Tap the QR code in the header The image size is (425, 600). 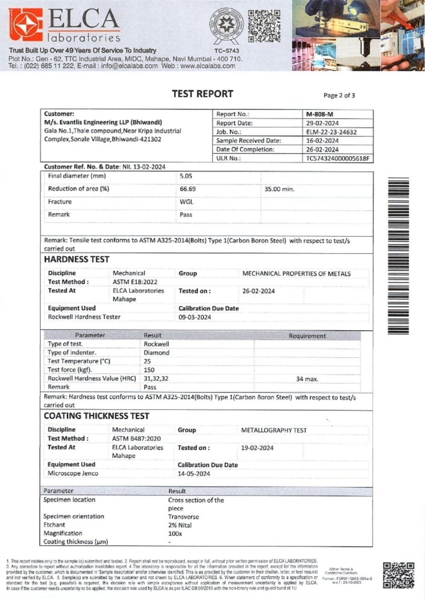pyautogui.click(x=264, y=26)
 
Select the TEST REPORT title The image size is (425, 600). pyautogui.click(x=203, y=94)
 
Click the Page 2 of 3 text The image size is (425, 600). pyautogui.click(x=339, y=96)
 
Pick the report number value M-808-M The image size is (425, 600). pyautogui.click(x=320, y=114)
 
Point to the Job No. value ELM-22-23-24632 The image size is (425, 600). pyautogui.click(x=331, y=132)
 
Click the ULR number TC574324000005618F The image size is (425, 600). pyautogui.click(x=337, y=159)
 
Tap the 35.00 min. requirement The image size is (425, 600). pyautogui.click(x=279, y=189)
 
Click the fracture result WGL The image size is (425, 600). pyautogui.click(x=187, y=202)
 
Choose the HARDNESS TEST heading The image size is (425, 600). pyautogui.click(x=76, y=259)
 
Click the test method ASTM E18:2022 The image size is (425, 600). pyautogui.click(x=135, y=282)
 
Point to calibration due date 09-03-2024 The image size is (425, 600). pyautogui.click(x=195, y=317)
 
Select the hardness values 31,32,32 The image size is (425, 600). pyautogui.click(x=156, y=379)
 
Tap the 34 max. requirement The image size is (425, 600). pyautogui.click(x=307, y=379)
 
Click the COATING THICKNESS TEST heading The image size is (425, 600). pyautogui.click(x=96, y=416)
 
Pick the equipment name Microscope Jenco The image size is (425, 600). pyautogui.click(x=73, y=473)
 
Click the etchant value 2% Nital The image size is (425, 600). pyautogui.click(x=180, y=525)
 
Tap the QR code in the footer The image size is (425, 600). pyautogui.click(x=398, y=575)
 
